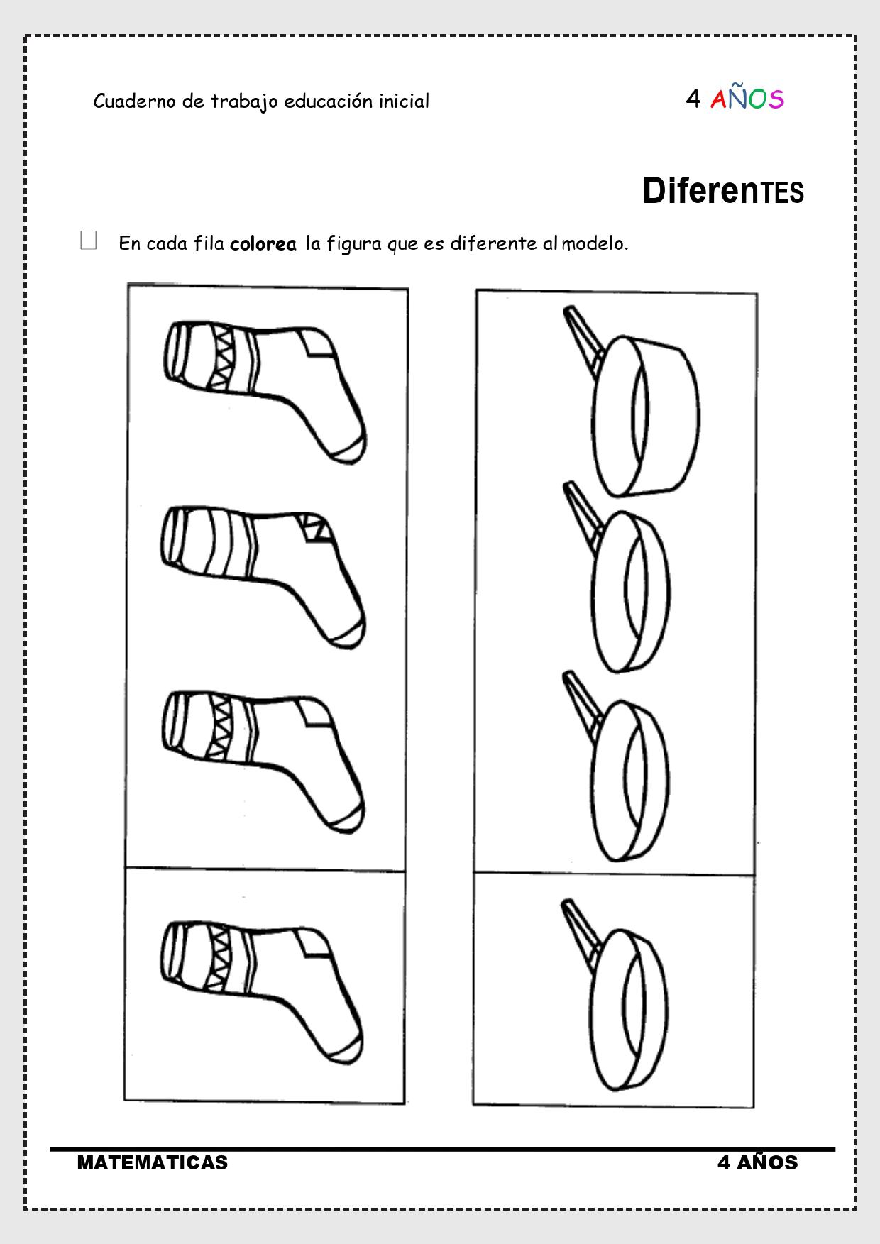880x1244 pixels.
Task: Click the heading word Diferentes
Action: click(x=723, y=192)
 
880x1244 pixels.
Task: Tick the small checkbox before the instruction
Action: click(x=89, y=241)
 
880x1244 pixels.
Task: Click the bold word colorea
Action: click(x=263, y=243)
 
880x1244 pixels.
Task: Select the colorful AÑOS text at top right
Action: click(x=747, y=99)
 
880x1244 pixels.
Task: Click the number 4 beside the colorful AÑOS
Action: click(x=693, y=99)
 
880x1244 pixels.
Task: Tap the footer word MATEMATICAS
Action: click(x=153, y=1162)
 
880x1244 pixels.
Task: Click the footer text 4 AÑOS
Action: click(x=758, y=1162)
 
